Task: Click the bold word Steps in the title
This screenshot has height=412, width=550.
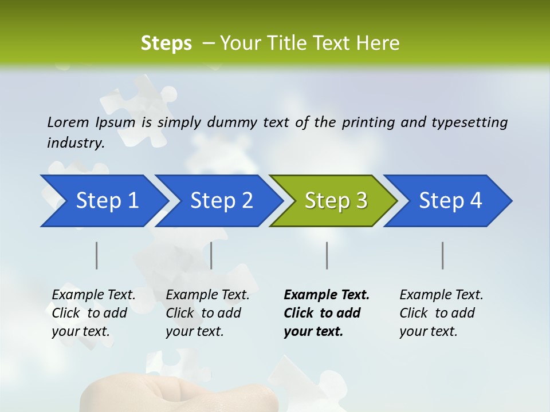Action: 166,43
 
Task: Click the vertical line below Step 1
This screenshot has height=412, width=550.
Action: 97,255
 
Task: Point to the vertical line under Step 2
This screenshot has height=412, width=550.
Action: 211,255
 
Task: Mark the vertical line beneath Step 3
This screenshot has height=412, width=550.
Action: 327,255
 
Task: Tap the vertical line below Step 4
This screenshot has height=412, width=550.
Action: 442,255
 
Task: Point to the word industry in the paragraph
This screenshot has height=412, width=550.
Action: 75,143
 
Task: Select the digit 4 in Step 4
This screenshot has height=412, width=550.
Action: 476,201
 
